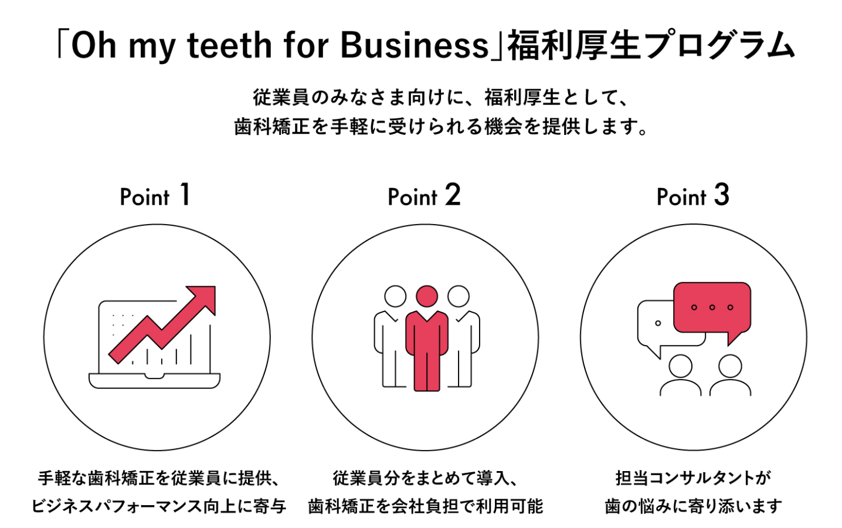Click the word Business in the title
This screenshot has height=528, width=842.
pyautogui.click(x=414, y=45)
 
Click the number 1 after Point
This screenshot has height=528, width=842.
pyautogui.click(x=185, y=195)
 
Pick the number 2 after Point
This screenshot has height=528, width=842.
pyautogui.click(x=453, y=195)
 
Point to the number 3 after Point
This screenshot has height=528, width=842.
pyautogui.click(x=722, y=195)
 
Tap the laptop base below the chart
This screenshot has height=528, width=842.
pyautogui.click(x=154, y=381)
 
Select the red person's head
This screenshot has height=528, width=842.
pyautogui.click(x=426, y=296)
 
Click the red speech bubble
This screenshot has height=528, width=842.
pyautogui.click(x=712, y=308)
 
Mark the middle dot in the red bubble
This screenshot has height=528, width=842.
pyautogui.click(x=712, y=307)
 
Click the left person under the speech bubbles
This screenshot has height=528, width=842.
pyautogui.click(x=680, y=375)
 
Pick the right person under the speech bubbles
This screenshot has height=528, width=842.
pyautogui.click(x=730, y=375)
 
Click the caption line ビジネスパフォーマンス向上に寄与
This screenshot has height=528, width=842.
pyautogui.click(x=158, y=506)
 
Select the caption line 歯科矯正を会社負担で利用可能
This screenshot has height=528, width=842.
pyautogui.click(x=426, y=506)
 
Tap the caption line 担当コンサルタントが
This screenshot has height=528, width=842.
pyautogui.click(x=693, y=478)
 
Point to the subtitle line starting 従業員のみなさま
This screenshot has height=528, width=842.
pyautogui.click(x=441, y=97)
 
